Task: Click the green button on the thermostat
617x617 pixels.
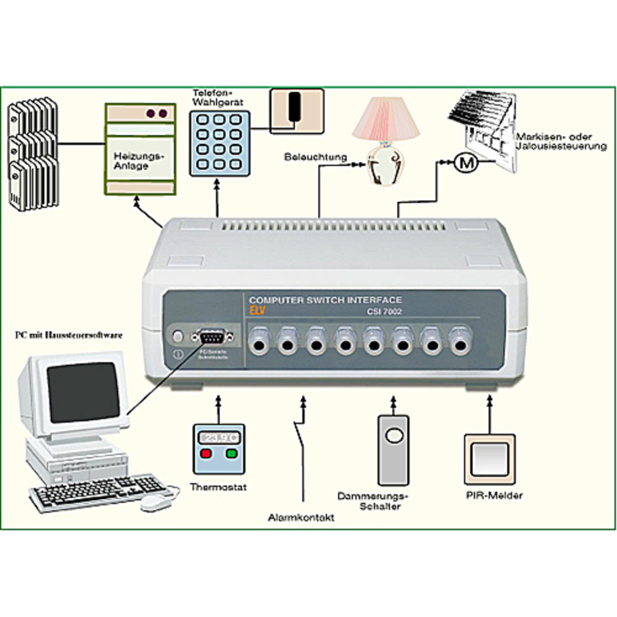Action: click(x=232, y=454)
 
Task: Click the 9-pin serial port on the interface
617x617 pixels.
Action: click(x=212, y=337)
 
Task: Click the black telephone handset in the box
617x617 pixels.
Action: click(x=295, y=106)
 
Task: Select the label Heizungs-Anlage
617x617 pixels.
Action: click(x=139, y=162)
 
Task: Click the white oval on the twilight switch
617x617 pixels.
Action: click(x=393, y=435)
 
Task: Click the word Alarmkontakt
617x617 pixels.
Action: click(x=301, y=518)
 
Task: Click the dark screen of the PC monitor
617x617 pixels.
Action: click(x=83, y=392)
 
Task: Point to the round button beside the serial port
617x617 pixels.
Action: click(x=178, y=336)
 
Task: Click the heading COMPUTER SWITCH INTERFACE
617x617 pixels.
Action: click(x=325, y=300)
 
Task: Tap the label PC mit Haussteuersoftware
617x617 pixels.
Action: click(x=69, y=336)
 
